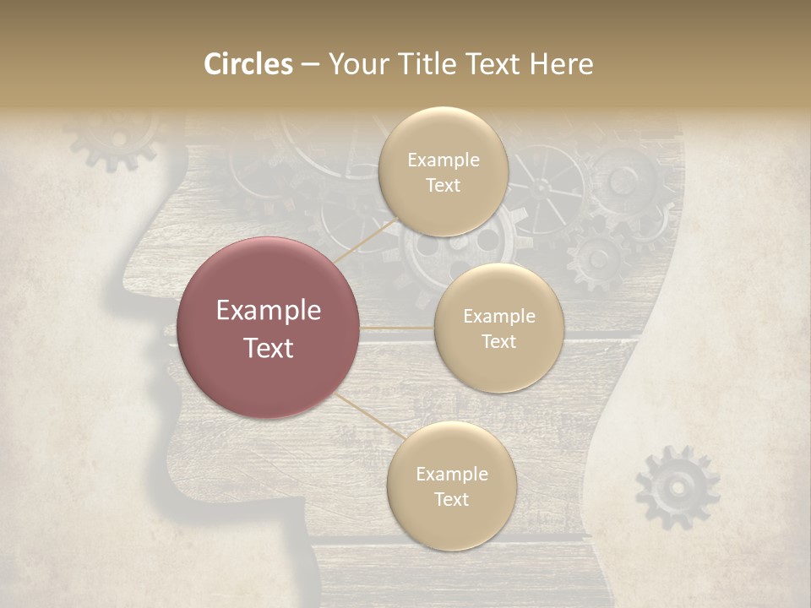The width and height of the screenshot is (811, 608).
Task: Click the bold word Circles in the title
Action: point(248,64)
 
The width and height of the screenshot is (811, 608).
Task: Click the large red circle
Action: point(269,328)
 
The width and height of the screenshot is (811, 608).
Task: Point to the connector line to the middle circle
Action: point(397,328)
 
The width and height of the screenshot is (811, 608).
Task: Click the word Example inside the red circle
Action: point(269,311)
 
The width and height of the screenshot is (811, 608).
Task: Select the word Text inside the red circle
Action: point(269,348)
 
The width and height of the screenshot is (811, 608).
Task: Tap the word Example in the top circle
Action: point(443,160)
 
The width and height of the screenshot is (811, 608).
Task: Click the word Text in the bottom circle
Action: point(451,499)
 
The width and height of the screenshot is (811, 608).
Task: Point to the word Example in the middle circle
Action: point(498,317)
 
